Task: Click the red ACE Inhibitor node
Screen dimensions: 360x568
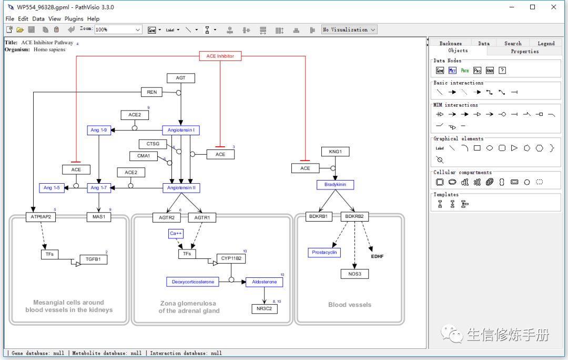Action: (x=220, y=56)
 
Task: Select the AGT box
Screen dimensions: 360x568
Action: (x=180, y=78)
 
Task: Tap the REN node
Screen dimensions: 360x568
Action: (x=151, y=92)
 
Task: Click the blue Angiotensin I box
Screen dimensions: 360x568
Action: (x=180, y=130)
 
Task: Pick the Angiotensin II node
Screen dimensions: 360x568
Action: (x=181, y=188)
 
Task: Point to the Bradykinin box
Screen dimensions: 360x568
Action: (x=335, y=185)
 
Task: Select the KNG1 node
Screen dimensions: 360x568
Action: (x=335, y=152)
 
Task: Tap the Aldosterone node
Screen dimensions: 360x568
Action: (x=264, y=282)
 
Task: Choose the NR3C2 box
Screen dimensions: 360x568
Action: (x=264, y=308)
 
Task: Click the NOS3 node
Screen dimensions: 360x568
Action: (x=354, y=274)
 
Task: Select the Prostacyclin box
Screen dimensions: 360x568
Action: (x=324, y=253)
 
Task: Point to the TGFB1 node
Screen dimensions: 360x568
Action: (x=93, y=259)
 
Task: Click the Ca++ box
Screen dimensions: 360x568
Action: (x=176, y=233)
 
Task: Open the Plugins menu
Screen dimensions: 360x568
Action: (x=74, y=18)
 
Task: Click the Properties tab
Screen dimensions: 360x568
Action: (x=524, y=51)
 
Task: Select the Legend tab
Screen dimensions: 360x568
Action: (x=545, y=43)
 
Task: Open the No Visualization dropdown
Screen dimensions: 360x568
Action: (x=350, y=29)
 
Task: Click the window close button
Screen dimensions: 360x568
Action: (x=553, y=7)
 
